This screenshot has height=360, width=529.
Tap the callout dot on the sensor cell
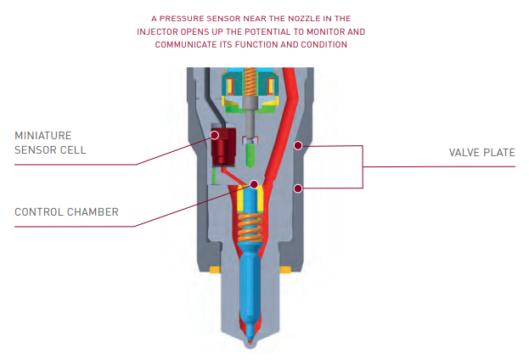(216, 134)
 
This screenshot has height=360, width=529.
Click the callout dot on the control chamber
(253, 183)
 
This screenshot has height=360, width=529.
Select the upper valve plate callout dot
(298, 145)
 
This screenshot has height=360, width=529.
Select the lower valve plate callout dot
(298, 188)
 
